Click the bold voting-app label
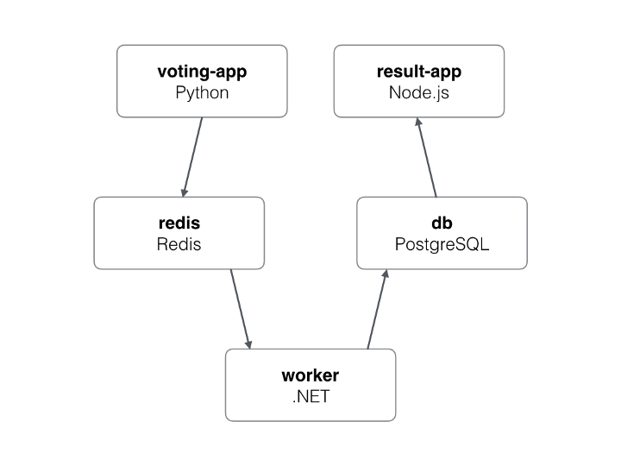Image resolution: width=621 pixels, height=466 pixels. click(202, 72)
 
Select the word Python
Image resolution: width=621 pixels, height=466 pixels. click(202, 92)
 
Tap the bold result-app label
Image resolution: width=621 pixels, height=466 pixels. click(418, 72)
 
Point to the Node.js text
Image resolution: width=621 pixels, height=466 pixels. click(418, 92)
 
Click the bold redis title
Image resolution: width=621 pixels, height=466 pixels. click(179, 224)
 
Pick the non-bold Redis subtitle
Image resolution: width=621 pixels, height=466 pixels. click(179, 244)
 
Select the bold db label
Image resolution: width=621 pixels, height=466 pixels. click(442, 224)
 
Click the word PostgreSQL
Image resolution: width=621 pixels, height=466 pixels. click(442, 244)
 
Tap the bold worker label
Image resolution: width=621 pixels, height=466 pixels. click(310, 375)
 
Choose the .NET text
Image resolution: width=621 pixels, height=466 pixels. click(310, 397)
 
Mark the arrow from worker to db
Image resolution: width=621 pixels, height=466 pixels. click(378, 308)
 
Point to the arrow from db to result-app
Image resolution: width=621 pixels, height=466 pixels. click(427, 156)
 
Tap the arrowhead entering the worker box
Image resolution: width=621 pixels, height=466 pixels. click(250, 343)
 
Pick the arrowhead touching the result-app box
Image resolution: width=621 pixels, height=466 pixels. click(418, 123)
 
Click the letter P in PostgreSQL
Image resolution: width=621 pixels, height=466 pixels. click(399, 244)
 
